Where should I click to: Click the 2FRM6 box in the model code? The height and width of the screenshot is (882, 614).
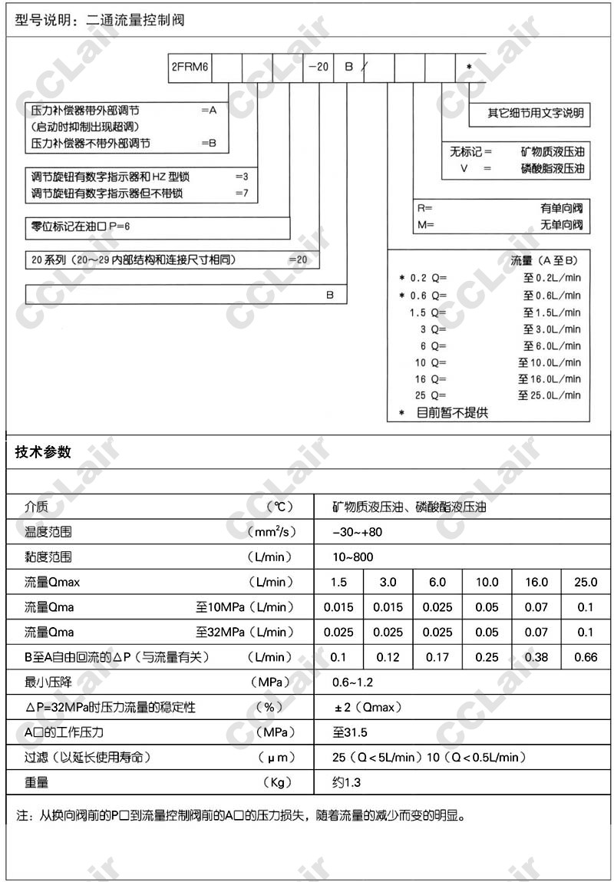click(x=190, y=67)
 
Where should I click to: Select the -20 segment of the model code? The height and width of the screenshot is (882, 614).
click(x=319, y=67)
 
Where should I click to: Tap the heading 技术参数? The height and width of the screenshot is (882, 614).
click(x=43, y=452)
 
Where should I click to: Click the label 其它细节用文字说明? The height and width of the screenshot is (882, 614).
click(x=536, y=114)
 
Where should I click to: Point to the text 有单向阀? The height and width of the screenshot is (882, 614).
click(x=561, y=208)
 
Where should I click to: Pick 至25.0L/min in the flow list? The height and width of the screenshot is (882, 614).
click(x=552, y=395)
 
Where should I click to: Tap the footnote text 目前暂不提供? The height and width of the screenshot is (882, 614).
click(x=452, y=413)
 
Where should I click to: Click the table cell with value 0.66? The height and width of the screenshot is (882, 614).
click(x=586, y=657)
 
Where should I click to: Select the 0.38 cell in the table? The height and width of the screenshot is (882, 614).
click(x=536, y=657)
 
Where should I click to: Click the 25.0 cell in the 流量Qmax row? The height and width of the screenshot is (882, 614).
click(x=586, y=582)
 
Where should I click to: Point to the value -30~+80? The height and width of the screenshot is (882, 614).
click(x=357, y=531)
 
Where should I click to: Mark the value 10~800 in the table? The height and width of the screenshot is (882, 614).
click(x=353, y=557)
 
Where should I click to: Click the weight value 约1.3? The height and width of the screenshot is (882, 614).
click(x=346, y=782)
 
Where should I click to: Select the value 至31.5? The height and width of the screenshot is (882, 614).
click(x=350, y=732)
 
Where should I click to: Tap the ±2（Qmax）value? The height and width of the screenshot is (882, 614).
click(x=367, y=707)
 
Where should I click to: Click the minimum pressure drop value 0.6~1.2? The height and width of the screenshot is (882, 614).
click(x=352, y=682)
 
